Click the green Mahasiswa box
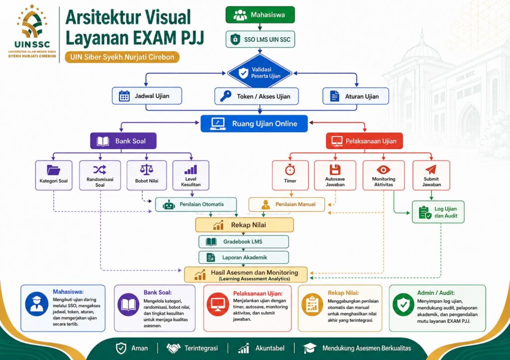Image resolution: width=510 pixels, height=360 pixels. pos(260,14)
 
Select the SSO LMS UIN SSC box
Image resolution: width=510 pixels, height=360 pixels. pos(260,39)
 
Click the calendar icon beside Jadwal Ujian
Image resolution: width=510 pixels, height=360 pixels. pos(124,96)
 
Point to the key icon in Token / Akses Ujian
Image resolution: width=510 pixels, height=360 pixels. pos(226,96)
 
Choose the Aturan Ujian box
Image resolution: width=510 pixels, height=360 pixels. pos(356,96)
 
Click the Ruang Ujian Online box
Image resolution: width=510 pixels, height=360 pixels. pos(254,123)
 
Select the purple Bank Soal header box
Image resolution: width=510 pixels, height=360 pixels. pos(124,141)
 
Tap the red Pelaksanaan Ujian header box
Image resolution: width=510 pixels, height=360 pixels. pos(364,141)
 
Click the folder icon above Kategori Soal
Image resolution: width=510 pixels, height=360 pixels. pos(53,170)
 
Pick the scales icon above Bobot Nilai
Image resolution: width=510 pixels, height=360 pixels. pos(146,169)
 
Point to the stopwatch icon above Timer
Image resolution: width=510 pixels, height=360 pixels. pos(290,169)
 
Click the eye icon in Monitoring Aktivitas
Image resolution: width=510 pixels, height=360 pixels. pos(383,169)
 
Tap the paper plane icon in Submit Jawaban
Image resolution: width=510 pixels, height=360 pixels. pos(431,169)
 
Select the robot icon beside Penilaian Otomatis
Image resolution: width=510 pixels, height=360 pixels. pos(169,205)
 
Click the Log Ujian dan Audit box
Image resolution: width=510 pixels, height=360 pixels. pos(438,212)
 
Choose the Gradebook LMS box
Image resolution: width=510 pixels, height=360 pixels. pos(244,241)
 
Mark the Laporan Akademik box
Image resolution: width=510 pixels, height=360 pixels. pos(244,257)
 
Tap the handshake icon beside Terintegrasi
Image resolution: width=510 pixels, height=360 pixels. pos(173,348)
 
